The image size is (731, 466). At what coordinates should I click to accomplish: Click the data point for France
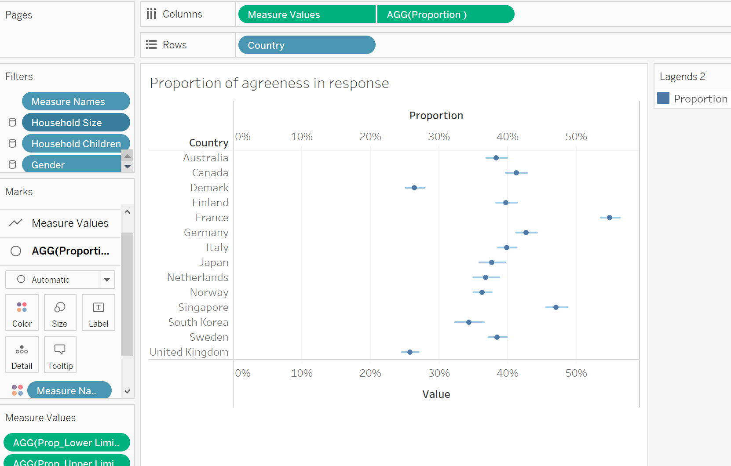[x=609, y=218]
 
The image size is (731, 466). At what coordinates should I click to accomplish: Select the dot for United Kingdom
[x=410, y=352]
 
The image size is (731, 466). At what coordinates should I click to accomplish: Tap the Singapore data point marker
[x=556, y=307]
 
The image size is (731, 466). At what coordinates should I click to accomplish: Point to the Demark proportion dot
[x=414, y=188]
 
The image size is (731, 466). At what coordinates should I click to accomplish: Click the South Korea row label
[x=198, y=322]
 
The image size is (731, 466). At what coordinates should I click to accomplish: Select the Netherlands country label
[x=197, y=277]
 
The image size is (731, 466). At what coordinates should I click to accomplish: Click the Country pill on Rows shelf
[x=307, y=45]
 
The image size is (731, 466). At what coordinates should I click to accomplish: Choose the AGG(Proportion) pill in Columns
[x=445, y=15]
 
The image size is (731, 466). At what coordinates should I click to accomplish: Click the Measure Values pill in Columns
[x=307, y=15]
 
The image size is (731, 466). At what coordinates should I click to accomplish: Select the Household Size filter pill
[x=76, y=123]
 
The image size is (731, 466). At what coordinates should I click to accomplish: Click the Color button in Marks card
[x=22, y=313]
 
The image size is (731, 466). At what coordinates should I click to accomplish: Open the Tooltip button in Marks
[x=60, y=355]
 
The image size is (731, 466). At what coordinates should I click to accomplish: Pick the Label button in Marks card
[x=99, y=313]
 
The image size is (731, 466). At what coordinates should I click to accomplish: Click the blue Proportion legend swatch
[x=663, y=98]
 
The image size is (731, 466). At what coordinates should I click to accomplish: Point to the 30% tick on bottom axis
[x=439, y=373]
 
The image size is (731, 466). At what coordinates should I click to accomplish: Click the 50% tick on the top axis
[x=576, y=137]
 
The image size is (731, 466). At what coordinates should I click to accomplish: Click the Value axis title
[x=436, y=394]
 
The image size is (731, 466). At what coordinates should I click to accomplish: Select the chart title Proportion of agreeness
[x=269, y=83]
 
